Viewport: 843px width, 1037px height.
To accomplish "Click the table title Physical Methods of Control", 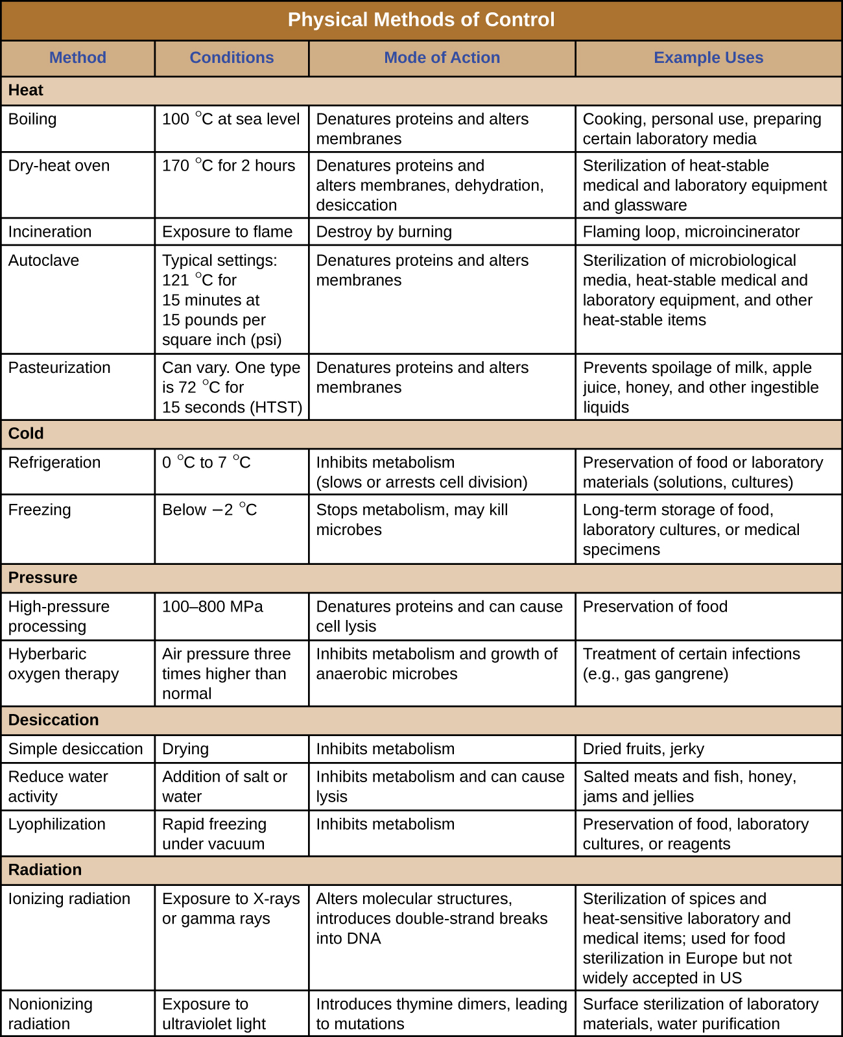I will [x=421, y=19].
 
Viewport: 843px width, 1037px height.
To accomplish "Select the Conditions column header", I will [x=232, y=58].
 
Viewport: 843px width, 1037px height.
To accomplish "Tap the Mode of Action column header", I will [x=442, y=58].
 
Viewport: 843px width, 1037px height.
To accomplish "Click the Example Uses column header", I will [x=708, y=58].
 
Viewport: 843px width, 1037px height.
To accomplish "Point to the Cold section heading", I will [x=26, y=433].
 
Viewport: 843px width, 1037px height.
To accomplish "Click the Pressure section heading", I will [x=43, y=577].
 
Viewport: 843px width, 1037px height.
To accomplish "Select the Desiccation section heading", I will [x=53, y=720].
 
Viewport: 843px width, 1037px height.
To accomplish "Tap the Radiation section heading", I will [x=45, y=870].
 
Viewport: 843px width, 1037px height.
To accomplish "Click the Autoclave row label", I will [x=43, y=261].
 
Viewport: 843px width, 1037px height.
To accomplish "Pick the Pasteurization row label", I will [x=59, y=368].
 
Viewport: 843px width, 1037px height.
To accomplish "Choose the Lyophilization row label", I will [x=56, y=824].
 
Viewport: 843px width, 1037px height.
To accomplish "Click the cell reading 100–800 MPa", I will [x=213, y=607].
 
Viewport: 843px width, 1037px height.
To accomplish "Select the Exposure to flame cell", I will [x=227, y=232].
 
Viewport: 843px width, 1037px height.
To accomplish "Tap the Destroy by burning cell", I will [x=384, y=232].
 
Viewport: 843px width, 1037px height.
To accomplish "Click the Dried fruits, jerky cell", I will [x=643, y=749].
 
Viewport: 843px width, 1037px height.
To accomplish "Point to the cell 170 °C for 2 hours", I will [x=228, y=166].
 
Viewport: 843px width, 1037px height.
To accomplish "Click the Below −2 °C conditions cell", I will [x=209, y=510].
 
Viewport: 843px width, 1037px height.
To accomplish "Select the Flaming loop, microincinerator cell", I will [x=691, y=232].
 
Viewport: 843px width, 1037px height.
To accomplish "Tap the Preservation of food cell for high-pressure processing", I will [x=655, y=607].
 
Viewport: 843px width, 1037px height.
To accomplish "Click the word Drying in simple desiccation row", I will [x=185, y=749].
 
